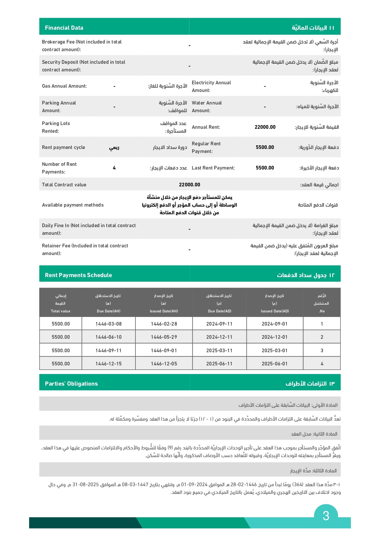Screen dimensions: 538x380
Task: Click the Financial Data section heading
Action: coord(64,28)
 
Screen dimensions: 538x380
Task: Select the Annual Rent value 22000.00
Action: coord(265,127)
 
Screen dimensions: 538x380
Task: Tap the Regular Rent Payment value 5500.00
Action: coord(265,147)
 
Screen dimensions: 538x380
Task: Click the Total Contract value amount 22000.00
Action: coord(189,185)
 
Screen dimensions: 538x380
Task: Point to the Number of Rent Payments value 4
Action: coord(114,168)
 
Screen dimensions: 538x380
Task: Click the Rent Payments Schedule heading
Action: coord(78,275)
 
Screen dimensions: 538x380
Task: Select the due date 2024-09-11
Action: coord(219,324)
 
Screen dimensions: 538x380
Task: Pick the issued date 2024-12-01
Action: coord(275,337)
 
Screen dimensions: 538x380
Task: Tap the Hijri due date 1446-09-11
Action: coord(108,351)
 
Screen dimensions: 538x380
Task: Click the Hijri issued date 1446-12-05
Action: coord(164,364)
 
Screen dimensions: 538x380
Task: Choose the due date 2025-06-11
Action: coord(219,364)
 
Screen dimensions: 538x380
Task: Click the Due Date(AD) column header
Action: coord(219,311)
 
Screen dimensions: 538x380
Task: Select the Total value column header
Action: coord(61,311)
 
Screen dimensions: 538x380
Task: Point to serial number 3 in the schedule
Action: coord(322,351)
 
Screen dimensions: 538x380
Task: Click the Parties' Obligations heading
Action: coord(71,384)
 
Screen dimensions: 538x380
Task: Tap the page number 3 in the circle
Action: coord(326,516)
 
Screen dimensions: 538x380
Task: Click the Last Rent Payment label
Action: coord(213,168)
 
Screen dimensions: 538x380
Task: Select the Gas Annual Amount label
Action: coord(64,86)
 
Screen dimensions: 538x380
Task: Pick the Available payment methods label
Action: coord(73,205)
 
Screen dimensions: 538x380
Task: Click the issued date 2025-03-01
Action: coord(275,351)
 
